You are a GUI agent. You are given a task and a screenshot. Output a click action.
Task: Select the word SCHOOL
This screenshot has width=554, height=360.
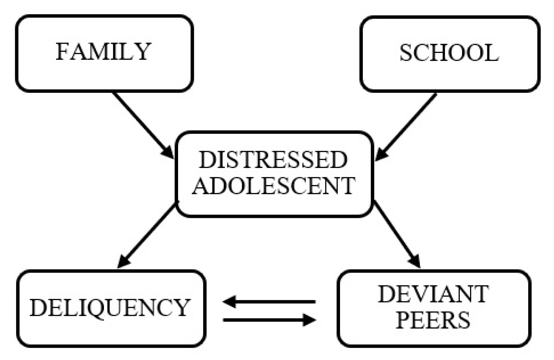click(x=449, y=53)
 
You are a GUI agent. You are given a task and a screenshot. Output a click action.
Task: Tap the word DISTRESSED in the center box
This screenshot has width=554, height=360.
click(x=273, y=160)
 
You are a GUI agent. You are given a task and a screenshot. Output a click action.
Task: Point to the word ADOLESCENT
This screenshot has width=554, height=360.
click(x=273, y=185)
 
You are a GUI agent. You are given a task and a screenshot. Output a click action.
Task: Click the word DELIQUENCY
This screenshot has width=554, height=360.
click(x=109, y=308)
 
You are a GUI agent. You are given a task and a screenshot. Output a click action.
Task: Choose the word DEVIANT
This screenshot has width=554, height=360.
click(x=433, y=294)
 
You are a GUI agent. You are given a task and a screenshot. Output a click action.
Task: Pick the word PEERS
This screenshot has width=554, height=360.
click(x=433, y=320)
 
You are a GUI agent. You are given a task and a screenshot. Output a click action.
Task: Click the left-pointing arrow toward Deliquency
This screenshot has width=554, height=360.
click(x=268, y=302)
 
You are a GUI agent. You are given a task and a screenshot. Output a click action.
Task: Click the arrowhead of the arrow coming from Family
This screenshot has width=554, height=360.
click(x=168, y=153)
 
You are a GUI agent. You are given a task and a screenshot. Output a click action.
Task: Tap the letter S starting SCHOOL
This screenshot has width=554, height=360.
click(x=406, y=53)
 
